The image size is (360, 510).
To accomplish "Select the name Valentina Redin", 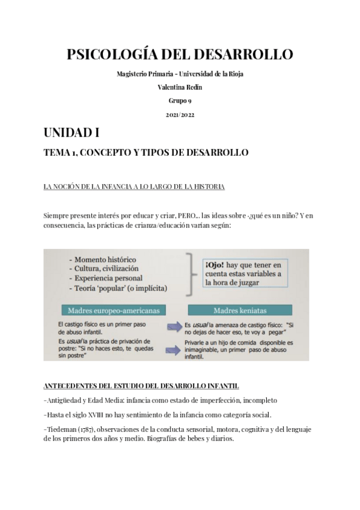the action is (180, 87).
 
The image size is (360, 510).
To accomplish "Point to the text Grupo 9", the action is (180, 100).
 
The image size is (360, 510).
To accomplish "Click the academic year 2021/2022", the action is (180, 114).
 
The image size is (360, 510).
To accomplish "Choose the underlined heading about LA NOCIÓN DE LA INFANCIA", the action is (135, 187).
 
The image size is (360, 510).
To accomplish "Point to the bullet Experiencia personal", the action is (109, 278).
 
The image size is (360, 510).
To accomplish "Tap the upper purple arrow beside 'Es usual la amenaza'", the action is (175, 327).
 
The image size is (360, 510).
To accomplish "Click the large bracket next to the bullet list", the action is (191, 274).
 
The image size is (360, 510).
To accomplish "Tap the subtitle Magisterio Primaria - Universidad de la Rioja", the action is (180, 74).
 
